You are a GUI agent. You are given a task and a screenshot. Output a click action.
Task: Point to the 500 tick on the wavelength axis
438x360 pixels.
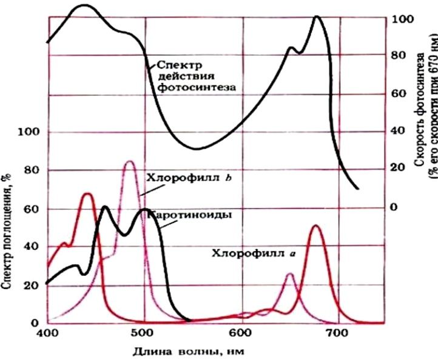(144, 333)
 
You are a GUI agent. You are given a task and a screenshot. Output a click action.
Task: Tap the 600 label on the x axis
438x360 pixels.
(242, 333)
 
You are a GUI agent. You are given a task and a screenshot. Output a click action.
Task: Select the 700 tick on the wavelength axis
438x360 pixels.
(339, 333)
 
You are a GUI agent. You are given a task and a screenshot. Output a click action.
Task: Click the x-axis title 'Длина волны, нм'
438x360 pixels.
(188, 352)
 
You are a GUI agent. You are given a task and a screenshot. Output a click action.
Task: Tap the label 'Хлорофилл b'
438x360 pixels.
(189, 178)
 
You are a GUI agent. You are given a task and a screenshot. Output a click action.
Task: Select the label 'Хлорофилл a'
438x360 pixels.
(253, 253)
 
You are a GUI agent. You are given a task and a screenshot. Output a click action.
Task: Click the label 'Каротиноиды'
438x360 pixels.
(190, 215)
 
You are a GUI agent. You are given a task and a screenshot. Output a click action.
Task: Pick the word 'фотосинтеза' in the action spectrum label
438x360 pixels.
(197, 87)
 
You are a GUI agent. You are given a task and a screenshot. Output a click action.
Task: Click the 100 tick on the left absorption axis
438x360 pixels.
(29, 132)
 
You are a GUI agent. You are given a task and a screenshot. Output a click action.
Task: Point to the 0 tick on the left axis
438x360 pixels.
(35, 323)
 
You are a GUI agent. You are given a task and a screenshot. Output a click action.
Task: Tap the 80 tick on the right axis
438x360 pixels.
(399, 55)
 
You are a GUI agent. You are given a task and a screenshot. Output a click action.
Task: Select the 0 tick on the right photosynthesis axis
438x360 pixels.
(394, 207)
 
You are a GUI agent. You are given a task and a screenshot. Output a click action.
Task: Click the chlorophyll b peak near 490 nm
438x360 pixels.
(130, 161)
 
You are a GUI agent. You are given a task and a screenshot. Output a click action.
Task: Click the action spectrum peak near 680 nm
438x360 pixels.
(317, 17)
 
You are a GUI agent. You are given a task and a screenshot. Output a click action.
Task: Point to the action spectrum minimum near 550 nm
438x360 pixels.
(197, 148)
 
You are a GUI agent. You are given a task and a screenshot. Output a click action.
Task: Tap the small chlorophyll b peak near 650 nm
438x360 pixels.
(290, 274)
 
